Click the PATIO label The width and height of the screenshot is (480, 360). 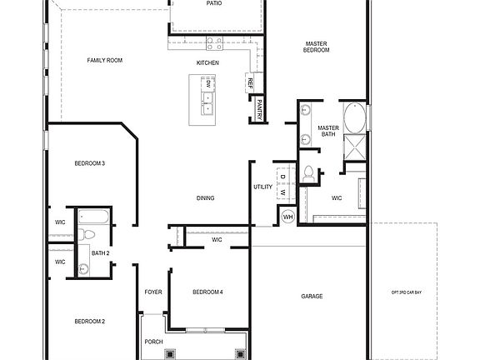tap(214, 3)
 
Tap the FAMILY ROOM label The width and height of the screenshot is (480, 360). tap(105, 60)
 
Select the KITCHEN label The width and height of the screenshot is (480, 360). tap(207, 63)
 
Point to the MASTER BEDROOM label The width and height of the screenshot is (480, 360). tap(317, 47)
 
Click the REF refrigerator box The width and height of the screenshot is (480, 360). tap(249, 82)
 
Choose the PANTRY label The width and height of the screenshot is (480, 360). tap(260, 108)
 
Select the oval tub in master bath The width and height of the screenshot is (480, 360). tap(355, 117)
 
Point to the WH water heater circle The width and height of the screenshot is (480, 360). tap(288, 217)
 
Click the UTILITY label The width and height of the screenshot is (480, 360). tap(262, 187)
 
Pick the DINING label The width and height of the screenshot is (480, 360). tap(205, 198)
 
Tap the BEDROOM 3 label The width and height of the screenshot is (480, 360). tap(89, 163)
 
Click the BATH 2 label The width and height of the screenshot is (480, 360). tap(101, 252)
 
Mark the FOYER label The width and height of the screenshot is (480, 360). tap(153, 292)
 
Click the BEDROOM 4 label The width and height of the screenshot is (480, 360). tap(207, 292)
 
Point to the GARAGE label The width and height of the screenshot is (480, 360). tap(312, 297)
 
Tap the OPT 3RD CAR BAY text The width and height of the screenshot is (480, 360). tap(406, 292)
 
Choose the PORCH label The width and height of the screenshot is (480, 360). tap(153, 342)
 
